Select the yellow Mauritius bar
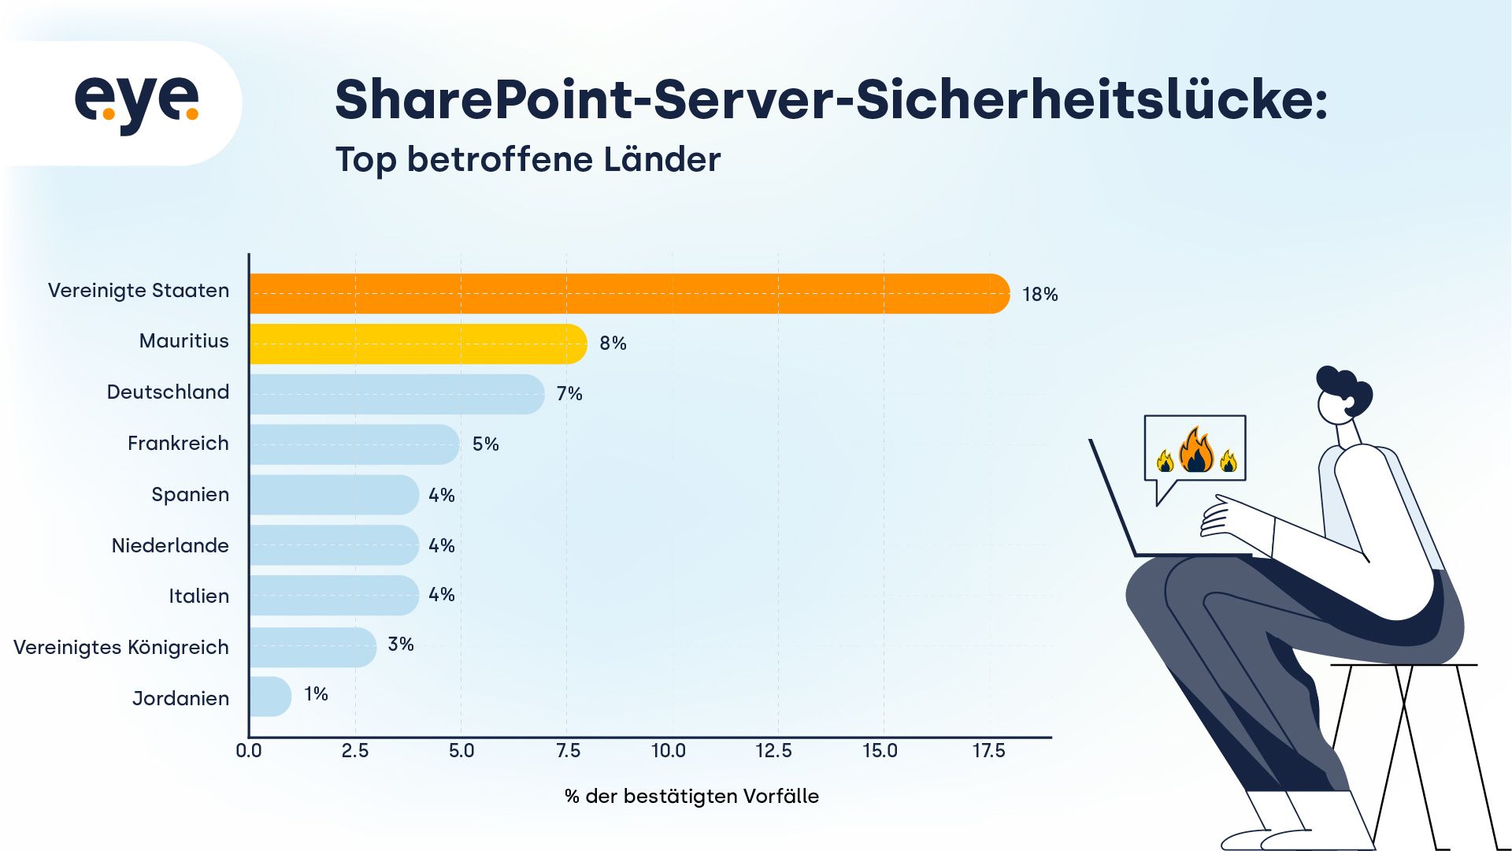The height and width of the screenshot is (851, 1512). [417, 344]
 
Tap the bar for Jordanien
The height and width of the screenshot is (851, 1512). [269, 697]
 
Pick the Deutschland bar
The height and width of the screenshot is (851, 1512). [396, 394]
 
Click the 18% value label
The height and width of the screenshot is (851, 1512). [1039, 295]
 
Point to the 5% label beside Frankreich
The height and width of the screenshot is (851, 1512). [485, 444]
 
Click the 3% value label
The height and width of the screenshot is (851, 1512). [401, 645]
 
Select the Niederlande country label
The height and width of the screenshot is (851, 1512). [170, 545]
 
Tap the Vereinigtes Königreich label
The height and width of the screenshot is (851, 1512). [121, 648]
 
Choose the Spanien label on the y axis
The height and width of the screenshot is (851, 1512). [190, 495]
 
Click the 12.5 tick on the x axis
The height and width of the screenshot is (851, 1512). [773, 751]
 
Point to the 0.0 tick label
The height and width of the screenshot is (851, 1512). [249, 751]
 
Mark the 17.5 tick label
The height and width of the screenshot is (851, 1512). [988, 751]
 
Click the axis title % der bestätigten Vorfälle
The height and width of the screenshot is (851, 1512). [691, 797]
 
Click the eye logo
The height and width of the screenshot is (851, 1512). [137, 103]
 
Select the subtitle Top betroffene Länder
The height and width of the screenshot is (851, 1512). [528, 160]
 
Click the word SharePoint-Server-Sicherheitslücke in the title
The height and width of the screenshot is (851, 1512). [831, 101]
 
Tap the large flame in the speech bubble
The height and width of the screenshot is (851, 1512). [1196, 452]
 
